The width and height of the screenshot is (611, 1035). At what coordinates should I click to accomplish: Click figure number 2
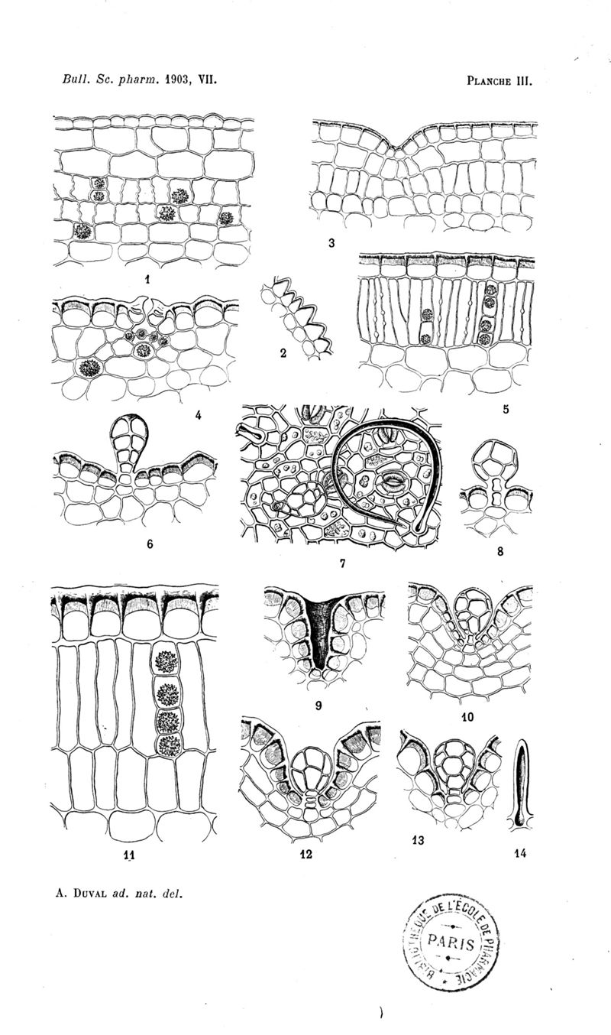(x=283, y=353)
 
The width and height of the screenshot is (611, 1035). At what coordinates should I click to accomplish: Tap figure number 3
(x=331, y=243)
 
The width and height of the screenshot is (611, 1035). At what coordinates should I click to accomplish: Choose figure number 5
(x=506, y=409)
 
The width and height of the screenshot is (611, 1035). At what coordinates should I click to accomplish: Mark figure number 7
(x=342, y=563)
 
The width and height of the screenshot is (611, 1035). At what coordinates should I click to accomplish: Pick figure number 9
(x=318, y=706)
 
